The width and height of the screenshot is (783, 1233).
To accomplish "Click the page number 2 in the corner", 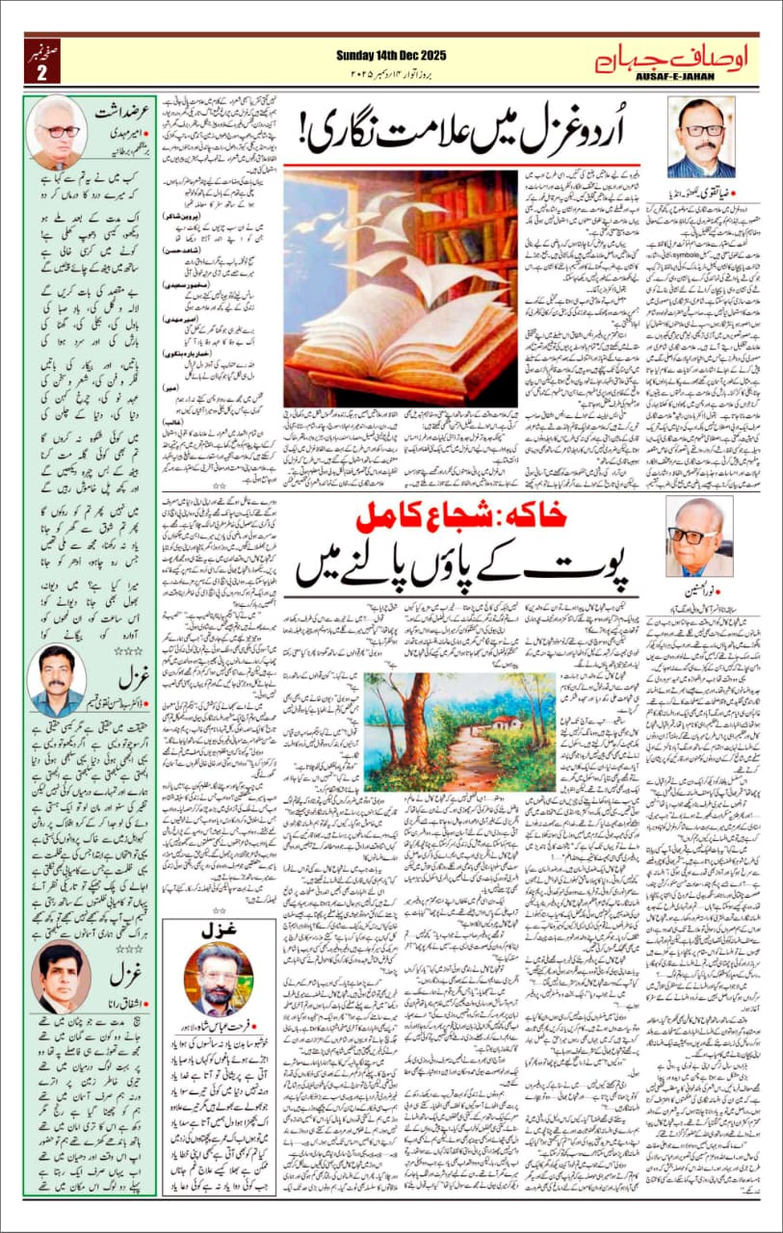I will pyautogui.click(x=41, y=73).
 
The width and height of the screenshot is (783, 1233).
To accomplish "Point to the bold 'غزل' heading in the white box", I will pyautogui.click(x=216, y=933).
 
